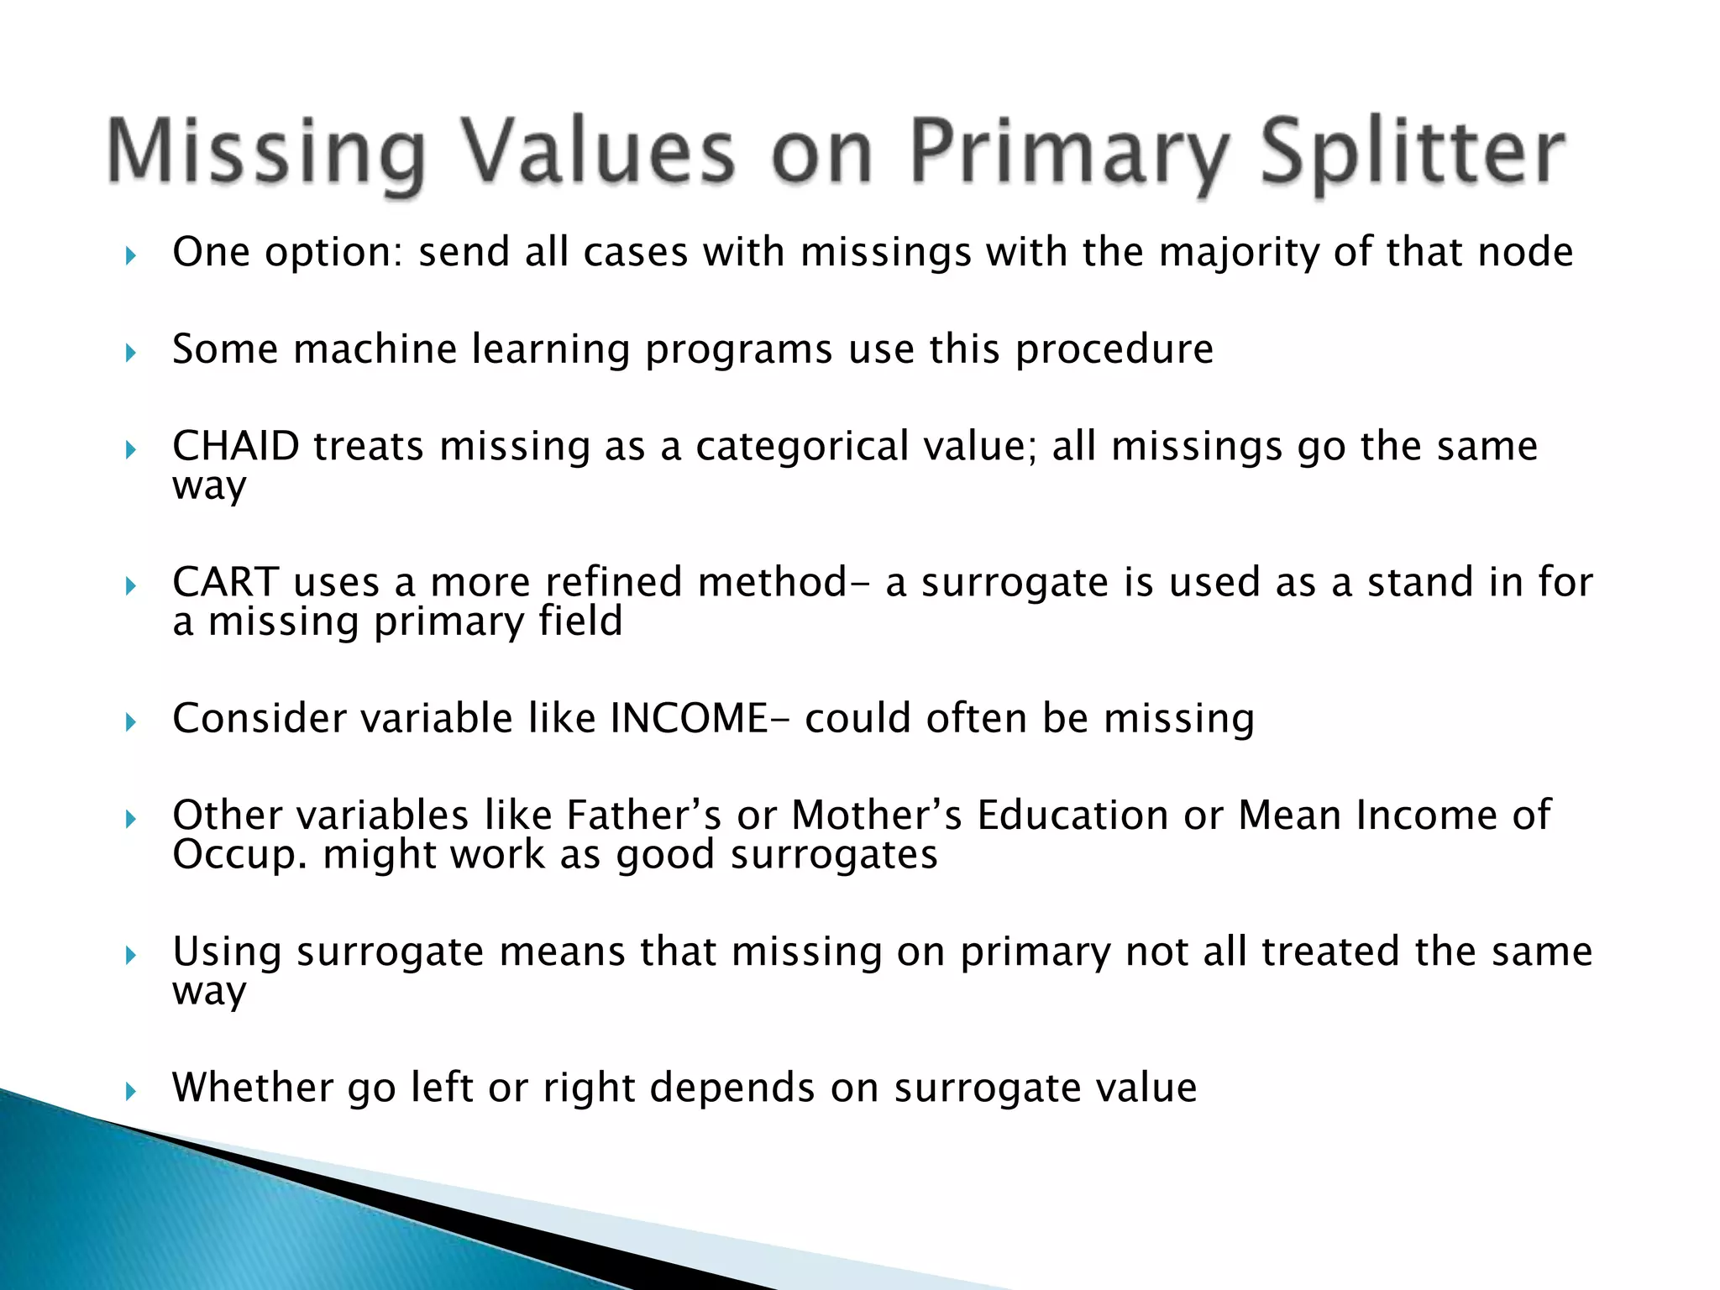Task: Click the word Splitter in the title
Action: tap(1413, 153)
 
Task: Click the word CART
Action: tap(225, 582)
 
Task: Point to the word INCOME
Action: tap(689, 718)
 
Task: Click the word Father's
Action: tap(643, 815)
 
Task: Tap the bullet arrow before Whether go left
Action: tap(130, 1092)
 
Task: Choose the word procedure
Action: tap(1114, 350)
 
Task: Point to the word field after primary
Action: tap(580, 622)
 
